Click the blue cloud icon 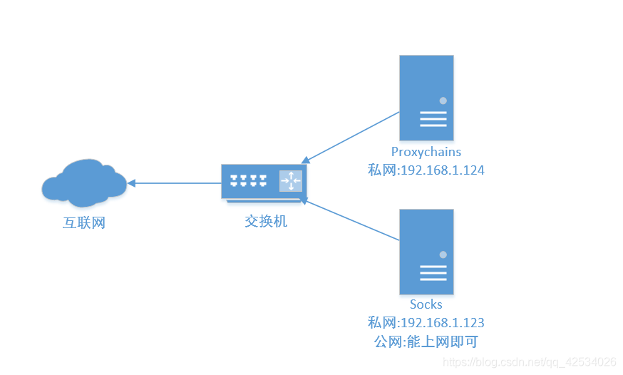click(x=83, y=182)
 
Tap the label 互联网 click(x=84, y=222)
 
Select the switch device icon click(x=263, y=183)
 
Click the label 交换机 click(x=266, y=221)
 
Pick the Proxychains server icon click(x=426, y=98)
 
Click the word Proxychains click(x=426, y=152)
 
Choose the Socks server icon click(x=426, y=252)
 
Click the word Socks click(x=426, y=304)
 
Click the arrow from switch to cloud click(x=175, y=183)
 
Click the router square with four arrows click(x=291, y=181)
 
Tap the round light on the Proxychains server click(x=443, y=101)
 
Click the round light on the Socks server click(x=443, y=255)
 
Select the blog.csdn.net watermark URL click(x=530, y=361)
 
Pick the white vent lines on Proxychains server click(x=433, y=119)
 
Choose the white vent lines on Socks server click(x=433, y=273)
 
